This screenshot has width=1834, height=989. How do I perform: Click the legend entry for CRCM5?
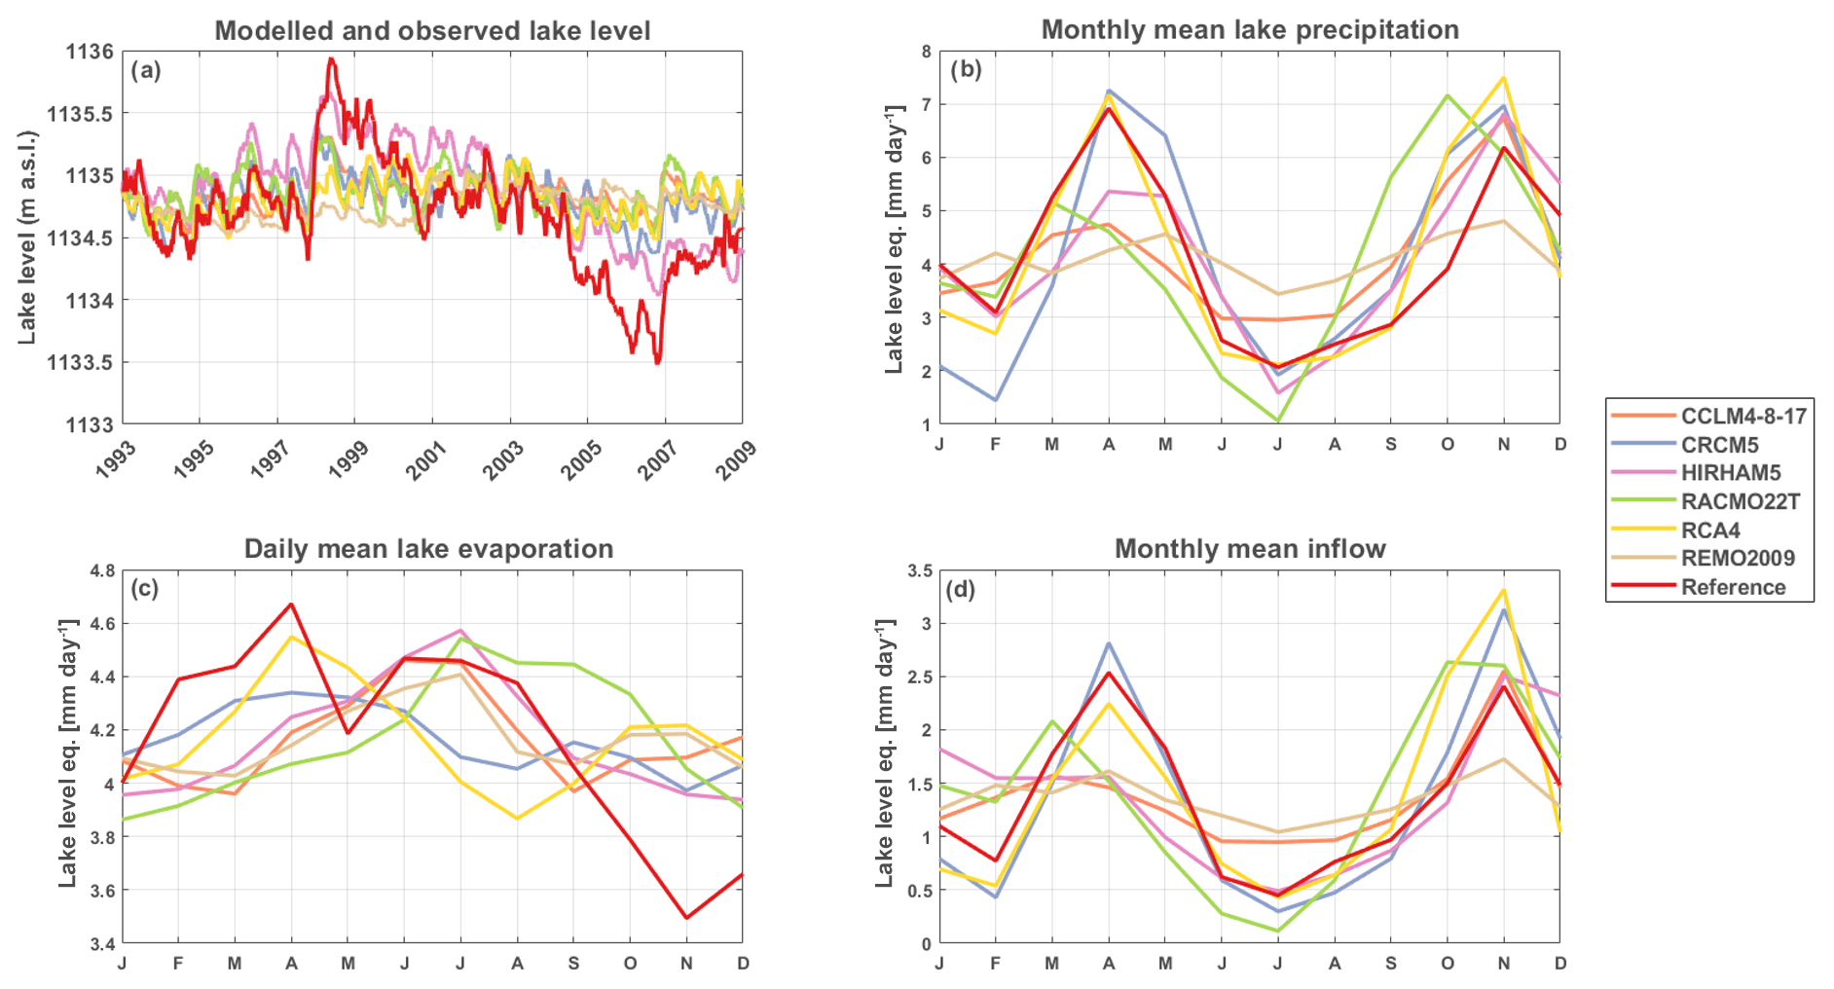[x=1719, y=445]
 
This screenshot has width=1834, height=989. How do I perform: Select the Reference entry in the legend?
[x=1733, y=587]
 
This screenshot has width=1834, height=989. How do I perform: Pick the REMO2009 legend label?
[x=1738, y=559]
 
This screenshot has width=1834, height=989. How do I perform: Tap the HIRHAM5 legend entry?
[x=1730, y=473]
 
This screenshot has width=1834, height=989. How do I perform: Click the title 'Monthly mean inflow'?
[x=1249, y=549]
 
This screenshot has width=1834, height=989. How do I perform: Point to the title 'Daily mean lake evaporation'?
[x=428, y=549]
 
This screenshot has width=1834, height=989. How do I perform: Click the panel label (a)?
[x=146, y=70]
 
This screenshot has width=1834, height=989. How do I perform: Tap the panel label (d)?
[x=961, y=589]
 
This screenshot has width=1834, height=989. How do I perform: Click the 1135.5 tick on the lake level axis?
[x=80, y=114]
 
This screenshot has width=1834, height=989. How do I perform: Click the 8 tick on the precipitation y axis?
[x=926, y=52]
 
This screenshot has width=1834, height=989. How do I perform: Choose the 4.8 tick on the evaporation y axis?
[x=101, y=570]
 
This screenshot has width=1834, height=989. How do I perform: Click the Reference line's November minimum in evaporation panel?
[x=687, y=917]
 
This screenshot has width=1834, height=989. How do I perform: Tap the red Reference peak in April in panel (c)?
[x=291, y=604]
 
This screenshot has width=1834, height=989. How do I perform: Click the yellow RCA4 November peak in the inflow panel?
[x=1504, y=590]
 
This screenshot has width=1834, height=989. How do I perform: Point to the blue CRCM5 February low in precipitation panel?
[x=996, y=400]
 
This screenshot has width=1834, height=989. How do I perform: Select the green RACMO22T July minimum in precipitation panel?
[x=1278, y=421]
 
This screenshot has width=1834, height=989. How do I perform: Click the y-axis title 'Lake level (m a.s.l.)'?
[x=27, y=238]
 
